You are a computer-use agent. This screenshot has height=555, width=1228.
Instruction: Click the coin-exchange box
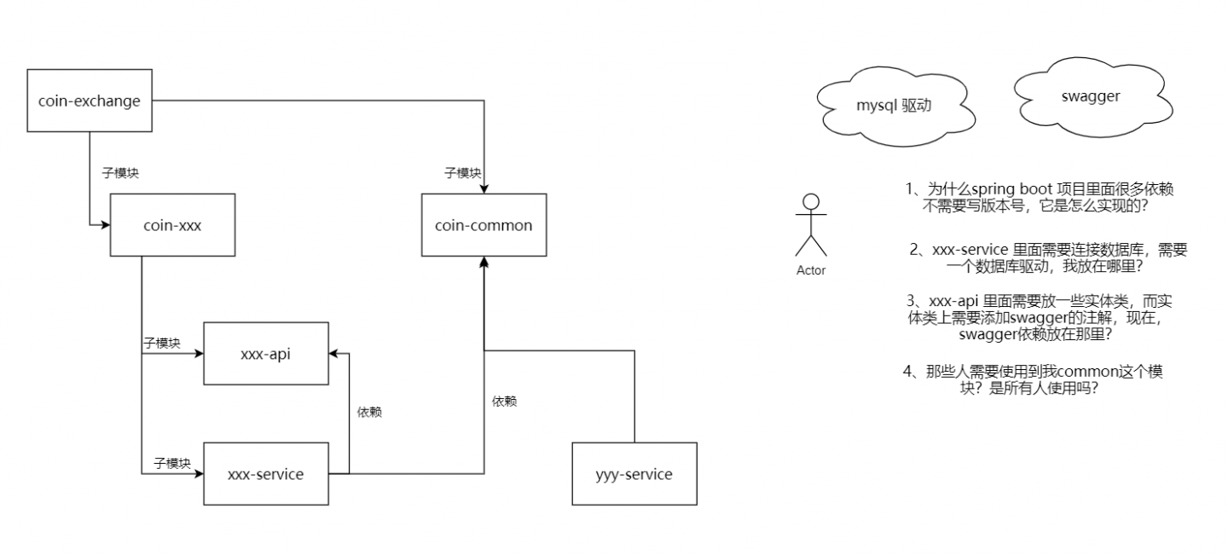click(89, 101)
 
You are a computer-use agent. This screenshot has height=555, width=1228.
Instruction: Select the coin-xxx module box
click(172, 225)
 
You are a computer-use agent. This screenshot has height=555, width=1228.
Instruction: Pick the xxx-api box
click(265, 353)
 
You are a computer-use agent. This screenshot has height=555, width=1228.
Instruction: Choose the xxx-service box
click(265, 474)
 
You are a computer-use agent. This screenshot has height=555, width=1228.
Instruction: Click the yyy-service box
click(634, 474)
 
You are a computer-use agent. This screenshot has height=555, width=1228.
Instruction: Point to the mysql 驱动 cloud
click(893, 107)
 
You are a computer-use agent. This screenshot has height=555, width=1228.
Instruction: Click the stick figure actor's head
click(811, 202)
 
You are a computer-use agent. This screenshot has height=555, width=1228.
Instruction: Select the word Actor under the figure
click(811, 271)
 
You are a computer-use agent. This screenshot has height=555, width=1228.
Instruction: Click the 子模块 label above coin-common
click(462, 173)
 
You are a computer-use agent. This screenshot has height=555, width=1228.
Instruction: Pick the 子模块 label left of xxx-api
click(162, 343)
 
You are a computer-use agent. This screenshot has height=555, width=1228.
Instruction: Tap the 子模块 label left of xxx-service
click(171, 463)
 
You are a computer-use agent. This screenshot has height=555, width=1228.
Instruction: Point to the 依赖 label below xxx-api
click(368, 412)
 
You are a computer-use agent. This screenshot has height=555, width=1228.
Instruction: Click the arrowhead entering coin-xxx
click(106, 225)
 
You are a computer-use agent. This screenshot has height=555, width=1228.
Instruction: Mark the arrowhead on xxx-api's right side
click(334, 353)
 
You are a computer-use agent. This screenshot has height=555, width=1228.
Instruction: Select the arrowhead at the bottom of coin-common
click(484, 261)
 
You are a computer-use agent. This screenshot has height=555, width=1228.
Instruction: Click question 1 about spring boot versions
click(1045, 197)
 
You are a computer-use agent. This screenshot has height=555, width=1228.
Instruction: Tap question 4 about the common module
click(1034, 380)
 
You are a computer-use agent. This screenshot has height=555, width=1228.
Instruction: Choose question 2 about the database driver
click(1048, 258)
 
